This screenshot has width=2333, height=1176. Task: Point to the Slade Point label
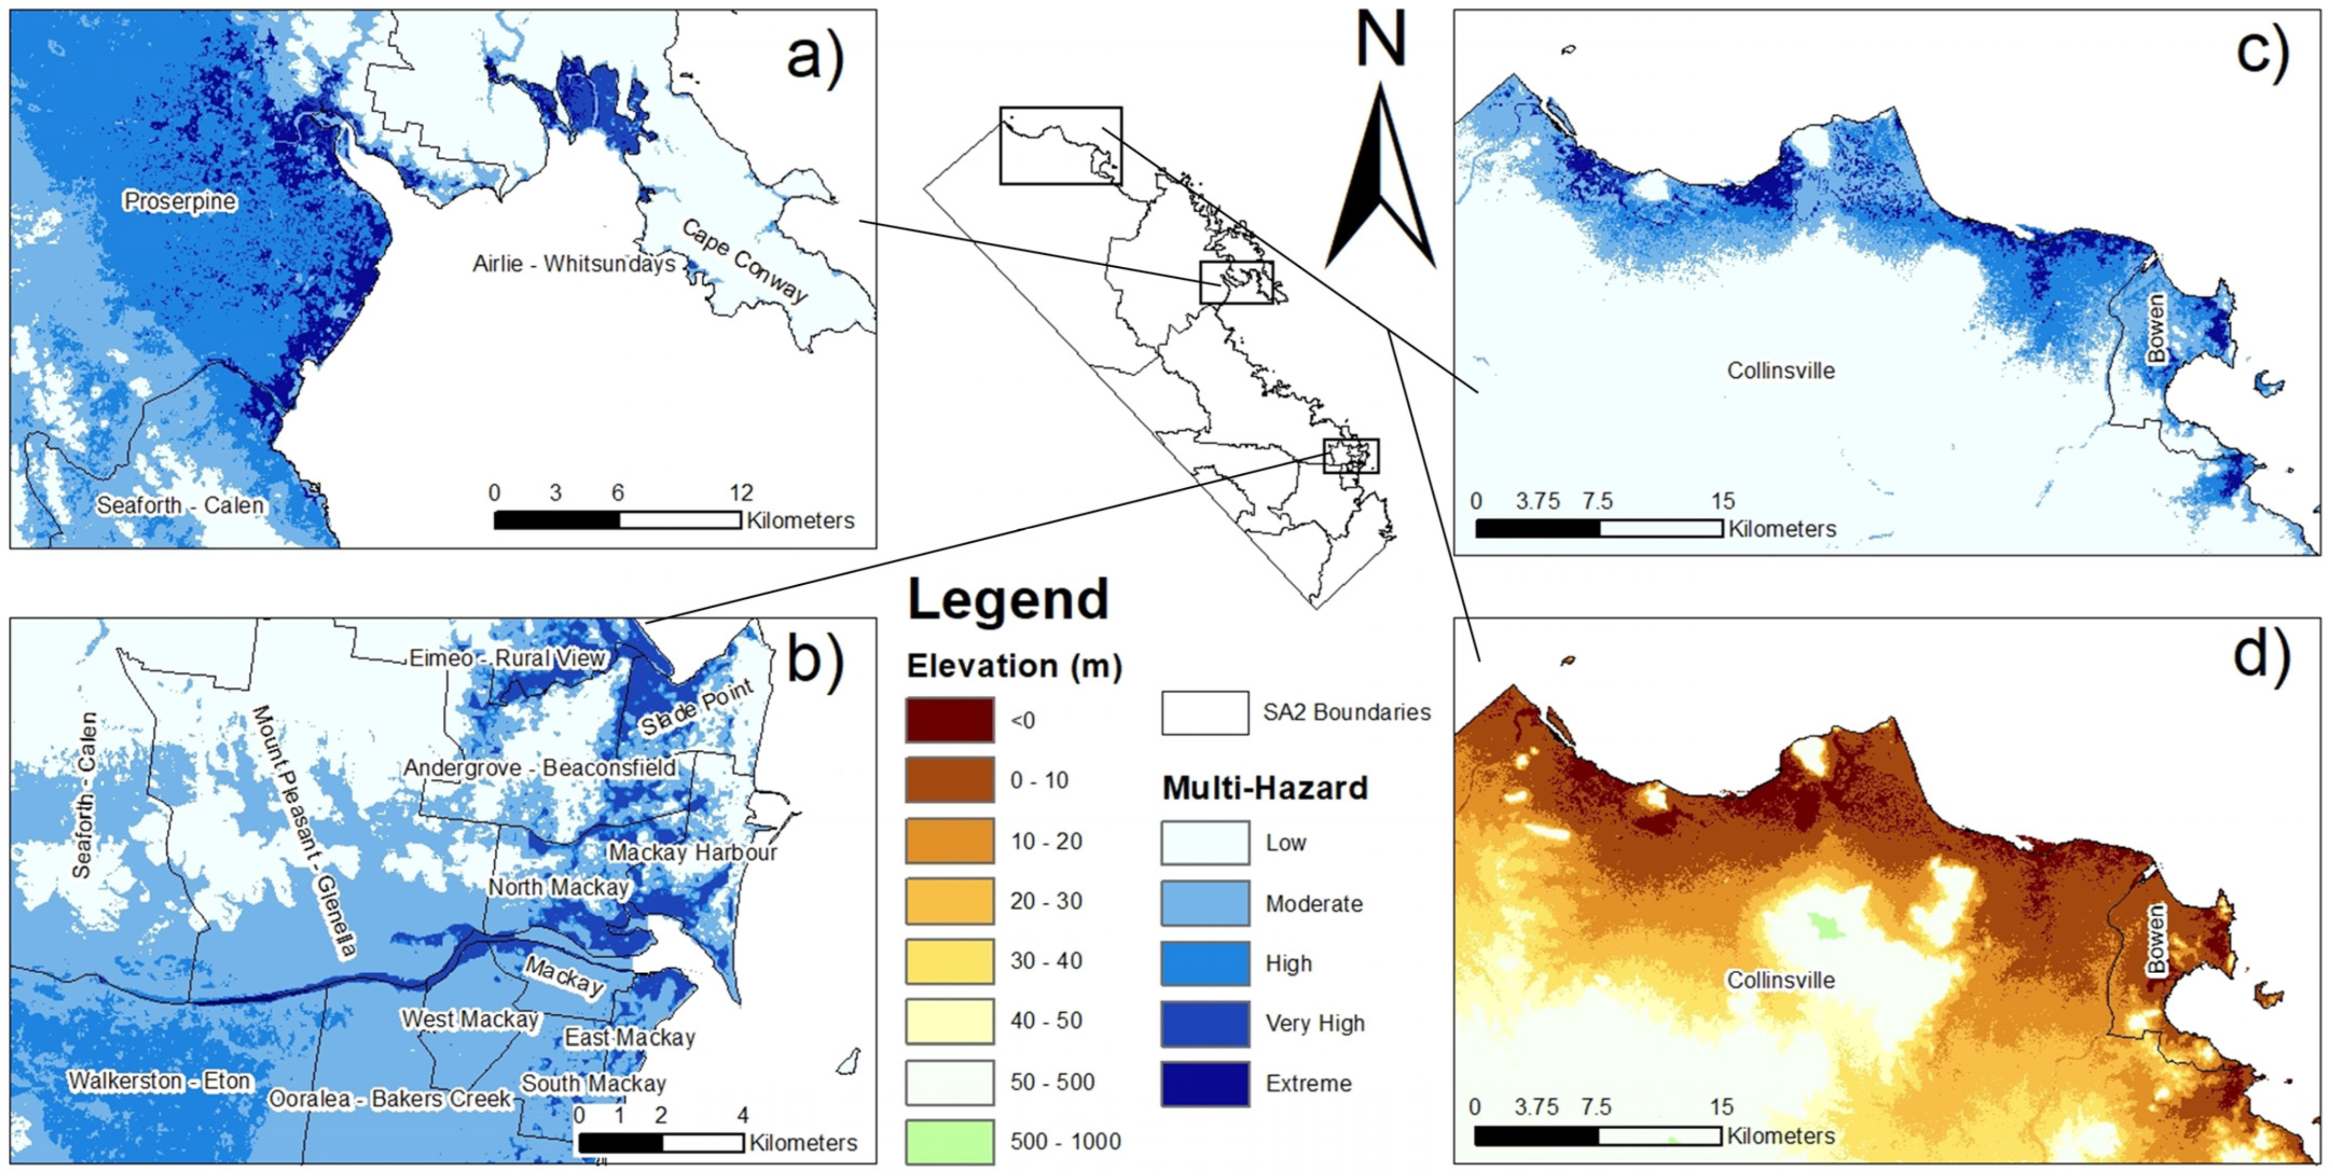point(696,708)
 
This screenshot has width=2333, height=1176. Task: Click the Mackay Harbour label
point(692,853)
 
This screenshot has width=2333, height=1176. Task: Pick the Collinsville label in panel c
point(1781,371)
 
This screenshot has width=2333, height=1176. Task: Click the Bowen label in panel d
point(2157,940)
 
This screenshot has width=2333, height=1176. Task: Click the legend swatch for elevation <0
point(949,720)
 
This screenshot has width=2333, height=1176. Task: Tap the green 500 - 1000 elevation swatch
point(949,1142)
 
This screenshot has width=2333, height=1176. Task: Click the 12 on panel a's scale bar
point(741,493)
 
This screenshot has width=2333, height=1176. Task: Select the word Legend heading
point(1008,600)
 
